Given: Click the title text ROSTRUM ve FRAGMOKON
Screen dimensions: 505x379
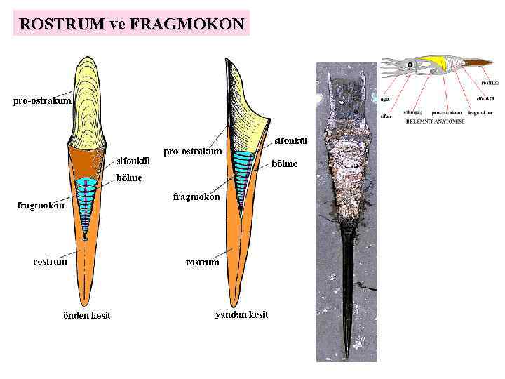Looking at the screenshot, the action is coord(132,25).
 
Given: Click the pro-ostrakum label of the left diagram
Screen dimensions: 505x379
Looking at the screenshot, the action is coord(42,101).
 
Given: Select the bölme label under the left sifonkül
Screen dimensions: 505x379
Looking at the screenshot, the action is coord(129,178).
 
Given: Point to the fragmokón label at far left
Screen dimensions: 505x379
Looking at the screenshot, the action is coord(41,206).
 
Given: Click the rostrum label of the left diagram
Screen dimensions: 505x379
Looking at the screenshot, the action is coord(50,262).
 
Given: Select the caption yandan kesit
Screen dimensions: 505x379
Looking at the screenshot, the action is coord(241,315).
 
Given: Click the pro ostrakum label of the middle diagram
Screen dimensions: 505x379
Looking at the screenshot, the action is coord(193,152).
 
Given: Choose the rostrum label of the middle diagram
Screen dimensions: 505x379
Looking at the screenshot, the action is coord(203,262).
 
